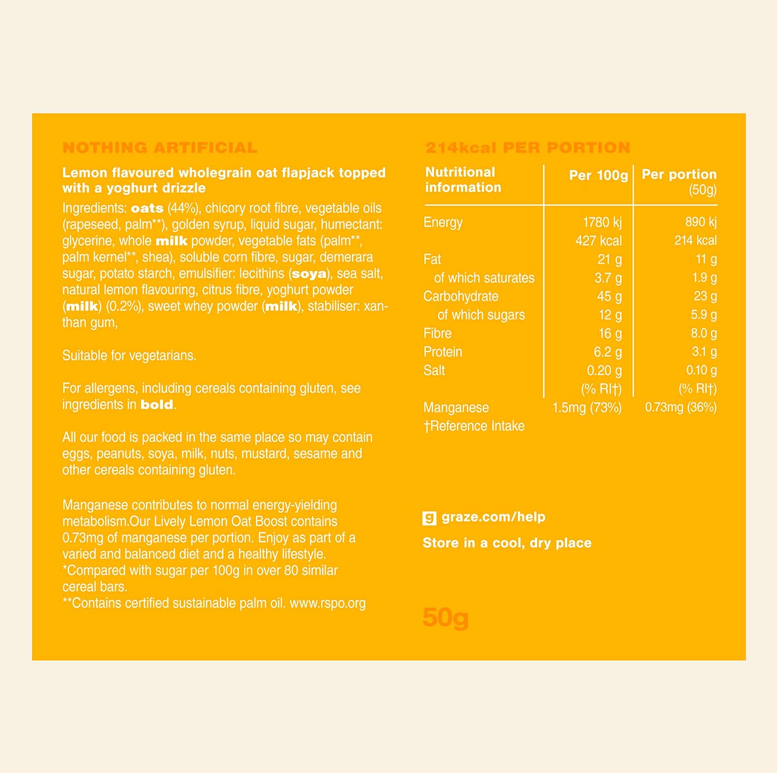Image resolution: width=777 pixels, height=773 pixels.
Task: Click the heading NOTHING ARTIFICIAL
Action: click(x=160, y=148)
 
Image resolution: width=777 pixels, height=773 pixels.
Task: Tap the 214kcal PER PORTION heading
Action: click(x=527, y=148)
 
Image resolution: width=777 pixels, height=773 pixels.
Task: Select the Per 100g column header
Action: click(x=598, y=175)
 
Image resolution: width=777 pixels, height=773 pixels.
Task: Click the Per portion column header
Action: click(x=679, y=174)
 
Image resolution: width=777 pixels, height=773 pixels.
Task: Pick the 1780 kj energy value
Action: click(x=602, y=222)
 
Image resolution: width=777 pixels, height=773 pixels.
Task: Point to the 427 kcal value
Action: click(x=598, y=241)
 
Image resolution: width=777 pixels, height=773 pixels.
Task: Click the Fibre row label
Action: click(x=437, y=333)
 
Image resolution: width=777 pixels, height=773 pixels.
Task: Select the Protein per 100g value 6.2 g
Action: click(x=607, y=352)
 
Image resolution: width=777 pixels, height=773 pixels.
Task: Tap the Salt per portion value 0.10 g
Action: click(x=701, y=370)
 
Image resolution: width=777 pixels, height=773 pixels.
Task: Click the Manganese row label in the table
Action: click(x=456, y=407)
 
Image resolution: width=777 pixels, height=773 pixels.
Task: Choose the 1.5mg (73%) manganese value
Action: click(x=587, y=407)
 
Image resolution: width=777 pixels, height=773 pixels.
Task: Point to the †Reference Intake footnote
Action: click(x=474, y=426)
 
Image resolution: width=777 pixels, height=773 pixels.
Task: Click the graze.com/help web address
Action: click(x=493, y=517)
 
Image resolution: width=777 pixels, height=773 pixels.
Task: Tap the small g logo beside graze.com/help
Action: click(x=429, y=517)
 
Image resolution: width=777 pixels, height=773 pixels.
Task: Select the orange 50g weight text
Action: click(x=445, y=617)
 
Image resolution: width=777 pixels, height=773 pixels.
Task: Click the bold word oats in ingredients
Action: click(x=147, y=208)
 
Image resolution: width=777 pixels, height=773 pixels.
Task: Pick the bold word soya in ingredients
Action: click(x=309, y=274)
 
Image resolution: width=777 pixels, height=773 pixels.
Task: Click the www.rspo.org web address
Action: click(x=327, y=603)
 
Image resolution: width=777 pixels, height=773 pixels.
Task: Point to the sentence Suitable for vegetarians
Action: click(x=129, y=356)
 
